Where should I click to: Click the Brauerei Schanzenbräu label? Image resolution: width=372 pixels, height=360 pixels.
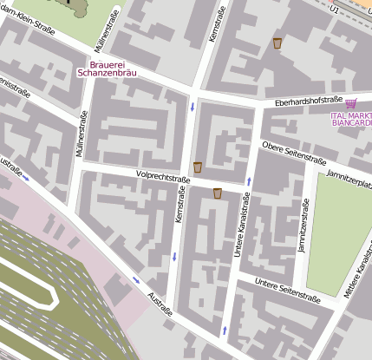click(111, 68)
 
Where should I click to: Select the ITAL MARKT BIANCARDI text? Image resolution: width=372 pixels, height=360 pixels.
click(351, 119)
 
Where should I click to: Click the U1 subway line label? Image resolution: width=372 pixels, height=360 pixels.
click(335, 8)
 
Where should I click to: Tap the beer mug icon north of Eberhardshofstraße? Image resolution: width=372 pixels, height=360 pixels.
click(277, 43)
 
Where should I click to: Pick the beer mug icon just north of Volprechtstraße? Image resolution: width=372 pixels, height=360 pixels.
click(198, 167)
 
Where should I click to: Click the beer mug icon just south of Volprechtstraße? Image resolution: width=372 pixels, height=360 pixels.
click(217, 193)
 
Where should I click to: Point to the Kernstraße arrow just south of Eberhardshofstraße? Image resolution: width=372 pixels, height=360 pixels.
click(192, 108)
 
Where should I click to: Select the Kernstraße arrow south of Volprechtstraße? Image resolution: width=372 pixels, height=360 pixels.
click(175, 256)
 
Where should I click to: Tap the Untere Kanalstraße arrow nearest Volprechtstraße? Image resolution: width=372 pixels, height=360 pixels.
click(250, 181)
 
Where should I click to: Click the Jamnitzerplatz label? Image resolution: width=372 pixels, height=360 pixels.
click(349, 180)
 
